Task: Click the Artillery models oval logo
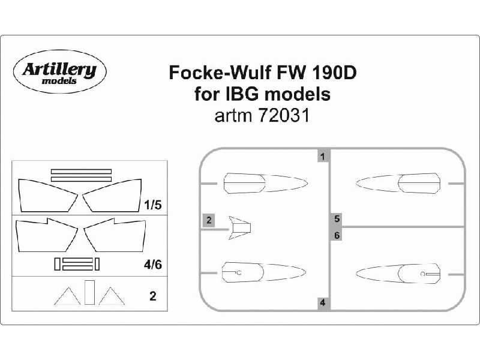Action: coord(59,71)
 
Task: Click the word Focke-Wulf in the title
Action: coord(220,73)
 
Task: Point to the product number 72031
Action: coord(284,116)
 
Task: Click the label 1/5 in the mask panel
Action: coord(153,205)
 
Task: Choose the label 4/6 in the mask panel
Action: coord(153,265)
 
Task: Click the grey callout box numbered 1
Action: coord(323,157)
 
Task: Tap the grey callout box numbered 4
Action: coord(323,303)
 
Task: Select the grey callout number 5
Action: coord(337,218)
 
